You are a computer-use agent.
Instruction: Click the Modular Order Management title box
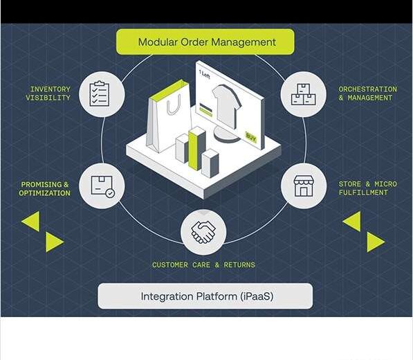[205, 42]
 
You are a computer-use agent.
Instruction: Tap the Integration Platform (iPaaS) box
[205, 296]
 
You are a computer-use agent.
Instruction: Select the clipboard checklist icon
[100, 94]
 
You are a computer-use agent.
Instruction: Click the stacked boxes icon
[303, 94]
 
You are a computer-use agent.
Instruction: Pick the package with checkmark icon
[102, 187]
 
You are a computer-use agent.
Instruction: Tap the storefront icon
[304, 186]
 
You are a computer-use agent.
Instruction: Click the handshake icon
[203, 232]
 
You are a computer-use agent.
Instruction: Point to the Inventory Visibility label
[48, 93]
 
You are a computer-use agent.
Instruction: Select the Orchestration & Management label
[367, 93]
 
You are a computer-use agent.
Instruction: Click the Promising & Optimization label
[44, 189]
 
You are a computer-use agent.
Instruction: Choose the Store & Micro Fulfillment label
[367, 188]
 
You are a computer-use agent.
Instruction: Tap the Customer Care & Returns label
[203, 265]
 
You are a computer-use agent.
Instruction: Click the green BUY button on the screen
[250, 137]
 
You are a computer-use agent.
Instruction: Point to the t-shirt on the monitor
[226, 106]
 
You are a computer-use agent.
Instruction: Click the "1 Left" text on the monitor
[205, 74]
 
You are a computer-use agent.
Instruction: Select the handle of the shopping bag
[174, 105]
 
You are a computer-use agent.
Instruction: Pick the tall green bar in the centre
[196, 148]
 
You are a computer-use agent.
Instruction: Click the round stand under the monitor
[226, 134]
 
